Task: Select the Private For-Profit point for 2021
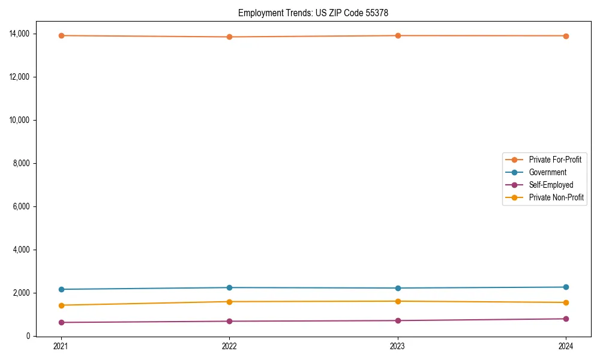pos(60,35)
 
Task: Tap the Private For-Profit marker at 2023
pos(397,35)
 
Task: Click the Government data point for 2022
pos(229,287)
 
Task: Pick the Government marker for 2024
pos(566,287)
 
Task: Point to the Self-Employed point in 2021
pos(60,322)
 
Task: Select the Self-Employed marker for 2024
pos(566,319)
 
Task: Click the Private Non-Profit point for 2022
pos(229,301)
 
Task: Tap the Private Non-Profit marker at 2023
pos(397,301)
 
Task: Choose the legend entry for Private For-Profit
pos(555,160)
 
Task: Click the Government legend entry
pos(547,172)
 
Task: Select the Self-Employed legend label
pos(551,185)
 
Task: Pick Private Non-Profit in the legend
pos(556,197)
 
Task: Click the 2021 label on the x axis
pos(60,346)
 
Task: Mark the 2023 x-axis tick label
pos(397,346)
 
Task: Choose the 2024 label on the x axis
pos(566,346)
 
